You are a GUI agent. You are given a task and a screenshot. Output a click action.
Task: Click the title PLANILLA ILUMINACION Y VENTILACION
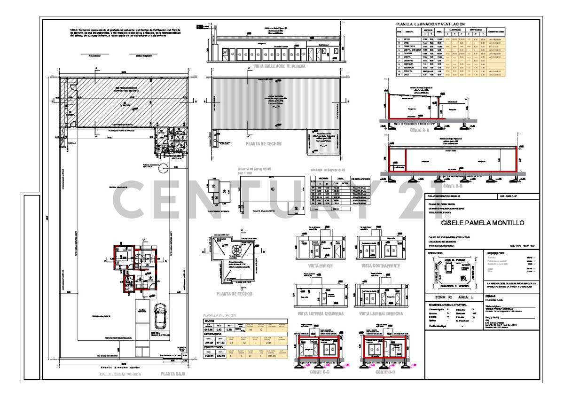tap(431, 24)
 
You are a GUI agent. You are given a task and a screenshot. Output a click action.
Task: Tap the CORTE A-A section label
tap(420, 130)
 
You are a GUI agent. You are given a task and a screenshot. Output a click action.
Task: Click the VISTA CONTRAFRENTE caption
tap(380, 266)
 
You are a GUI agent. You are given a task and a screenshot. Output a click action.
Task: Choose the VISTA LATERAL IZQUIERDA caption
tap(321, 313)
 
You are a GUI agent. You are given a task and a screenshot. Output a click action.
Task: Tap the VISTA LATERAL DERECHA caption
tap(380, 313)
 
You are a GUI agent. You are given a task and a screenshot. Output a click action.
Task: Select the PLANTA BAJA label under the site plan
tap(172, 374)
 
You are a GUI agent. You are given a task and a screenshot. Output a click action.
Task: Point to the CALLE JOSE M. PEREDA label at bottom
tap(120, 375)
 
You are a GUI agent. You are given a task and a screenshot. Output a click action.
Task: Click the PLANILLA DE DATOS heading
tap(218, 315)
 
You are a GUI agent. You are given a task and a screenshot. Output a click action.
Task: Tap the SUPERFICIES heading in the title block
tap(499, 253)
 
